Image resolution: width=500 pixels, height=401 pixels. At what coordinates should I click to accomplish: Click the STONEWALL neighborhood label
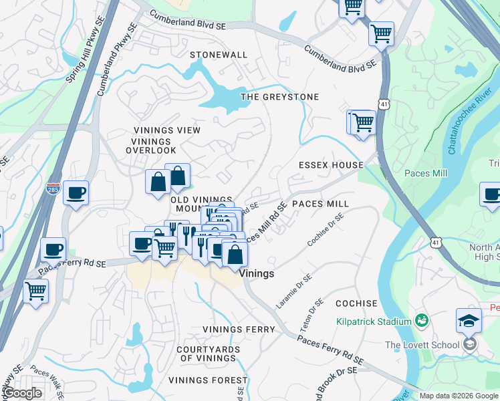pos(219,55)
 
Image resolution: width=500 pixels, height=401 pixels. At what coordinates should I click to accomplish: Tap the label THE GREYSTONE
pos(279,97)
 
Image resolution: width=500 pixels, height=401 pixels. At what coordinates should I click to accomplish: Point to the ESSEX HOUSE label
pos(331,165)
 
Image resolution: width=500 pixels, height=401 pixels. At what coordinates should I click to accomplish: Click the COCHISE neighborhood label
pos(356,303)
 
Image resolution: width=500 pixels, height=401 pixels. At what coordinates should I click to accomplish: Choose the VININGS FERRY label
pos(239,329)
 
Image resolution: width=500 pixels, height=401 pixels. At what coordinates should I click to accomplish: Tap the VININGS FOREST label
pos(208,380)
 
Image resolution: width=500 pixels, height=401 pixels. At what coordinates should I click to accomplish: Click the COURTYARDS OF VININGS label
pos(209,354)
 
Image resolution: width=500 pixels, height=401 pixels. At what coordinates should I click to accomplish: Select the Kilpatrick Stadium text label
pos(374,322)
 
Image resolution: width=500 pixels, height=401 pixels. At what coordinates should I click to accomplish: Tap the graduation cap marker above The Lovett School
pos(469,321)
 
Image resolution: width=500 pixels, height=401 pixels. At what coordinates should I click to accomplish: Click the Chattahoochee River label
pos(470,120)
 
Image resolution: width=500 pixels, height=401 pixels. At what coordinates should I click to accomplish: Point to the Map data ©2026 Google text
pos(458,396)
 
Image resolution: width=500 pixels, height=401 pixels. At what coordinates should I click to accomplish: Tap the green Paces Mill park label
pos(426,173)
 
